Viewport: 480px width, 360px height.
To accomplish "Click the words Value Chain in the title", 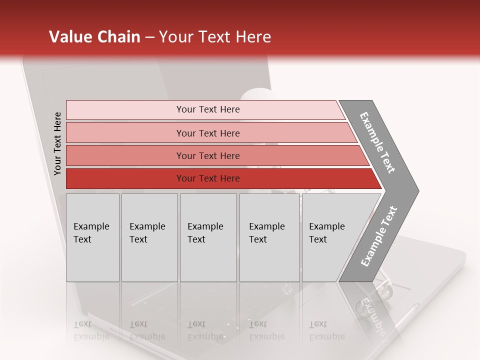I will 94,37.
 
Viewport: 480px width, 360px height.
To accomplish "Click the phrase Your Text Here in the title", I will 215,37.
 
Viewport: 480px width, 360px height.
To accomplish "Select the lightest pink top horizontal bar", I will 125,109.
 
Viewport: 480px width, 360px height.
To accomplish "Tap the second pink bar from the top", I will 125,133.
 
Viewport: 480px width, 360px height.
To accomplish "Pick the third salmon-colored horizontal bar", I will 125,155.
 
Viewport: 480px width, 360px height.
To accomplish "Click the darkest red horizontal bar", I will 125,178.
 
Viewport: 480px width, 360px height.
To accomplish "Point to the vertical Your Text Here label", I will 57,143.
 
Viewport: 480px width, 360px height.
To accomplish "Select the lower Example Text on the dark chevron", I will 379,236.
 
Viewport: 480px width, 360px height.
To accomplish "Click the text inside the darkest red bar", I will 208,178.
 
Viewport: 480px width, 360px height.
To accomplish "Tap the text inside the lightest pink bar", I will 208,109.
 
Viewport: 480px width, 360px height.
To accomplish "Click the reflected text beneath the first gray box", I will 91,330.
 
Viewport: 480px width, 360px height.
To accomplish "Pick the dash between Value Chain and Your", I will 149,37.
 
